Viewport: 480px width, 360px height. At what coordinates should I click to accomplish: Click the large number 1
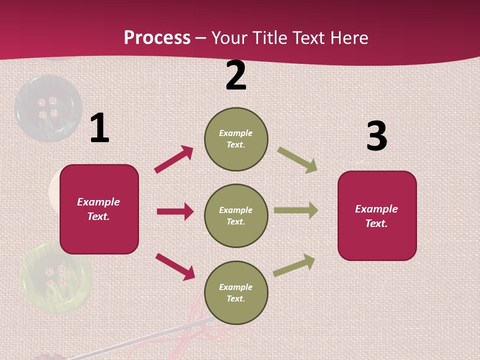click(99, 128)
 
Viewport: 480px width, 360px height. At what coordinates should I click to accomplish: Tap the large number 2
click(236, 76)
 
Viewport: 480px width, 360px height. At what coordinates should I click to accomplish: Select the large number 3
click(376, 136)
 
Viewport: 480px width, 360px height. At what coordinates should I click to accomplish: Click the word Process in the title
click(157, 37)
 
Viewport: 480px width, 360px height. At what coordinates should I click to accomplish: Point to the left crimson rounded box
click(99, 209)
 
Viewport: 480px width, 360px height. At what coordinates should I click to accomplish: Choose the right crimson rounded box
click(377, 215)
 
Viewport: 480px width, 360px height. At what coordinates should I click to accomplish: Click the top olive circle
click(236, 139)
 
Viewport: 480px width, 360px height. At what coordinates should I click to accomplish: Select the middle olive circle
click(236, 215)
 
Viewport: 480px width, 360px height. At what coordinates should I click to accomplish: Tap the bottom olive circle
click(236, 292)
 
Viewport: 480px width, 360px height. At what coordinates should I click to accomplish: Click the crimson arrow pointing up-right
click(173, 159)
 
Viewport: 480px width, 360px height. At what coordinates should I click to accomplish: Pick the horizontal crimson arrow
click(175, 211)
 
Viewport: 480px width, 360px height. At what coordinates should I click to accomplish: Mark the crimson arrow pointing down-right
click(175, 266)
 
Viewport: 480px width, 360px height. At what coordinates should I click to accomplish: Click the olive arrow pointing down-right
click(297, 160)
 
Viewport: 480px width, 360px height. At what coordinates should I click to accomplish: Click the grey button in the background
click(48, 108)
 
